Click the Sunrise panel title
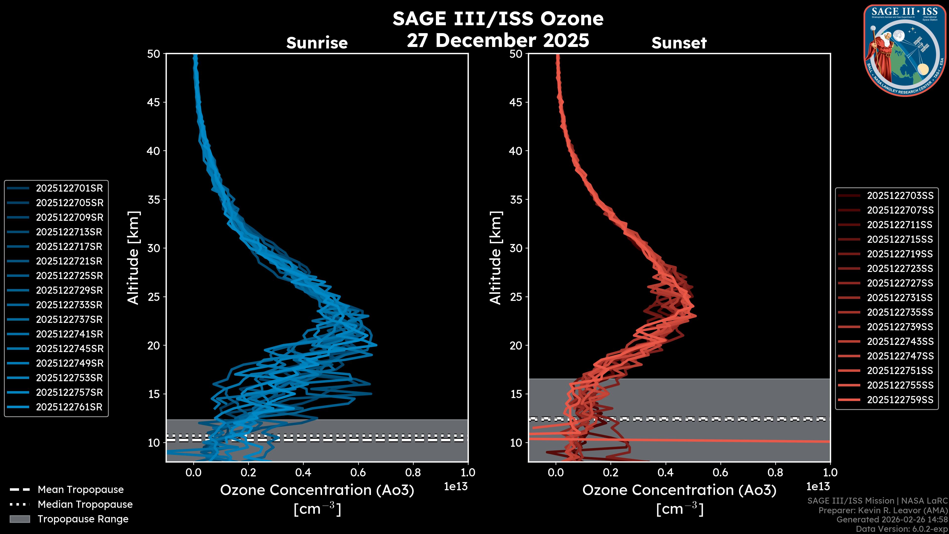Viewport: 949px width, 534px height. (317, 43)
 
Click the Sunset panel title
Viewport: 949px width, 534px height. (679, 43)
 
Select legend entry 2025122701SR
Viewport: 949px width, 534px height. (69, 188)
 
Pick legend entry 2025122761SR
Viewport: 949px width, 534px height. (69, 407)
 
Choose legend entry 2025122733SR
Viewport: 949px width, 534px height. (69, 305)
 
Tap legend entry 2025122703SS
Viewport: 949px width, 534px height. (900, 196)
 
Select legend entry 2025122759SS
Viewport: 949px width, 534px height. (900, 400)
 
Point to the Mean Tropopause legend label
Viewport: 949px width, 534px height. (81, 490)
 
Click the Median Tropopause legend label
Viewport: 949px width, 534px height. (85, 505)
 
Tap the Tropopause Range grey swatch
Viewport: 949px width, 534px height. (20, 519)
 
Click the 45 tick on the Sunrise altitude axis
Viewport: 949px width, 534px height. (154, 102)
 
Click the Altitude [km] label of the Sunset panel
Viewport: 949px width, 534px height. (496, 258)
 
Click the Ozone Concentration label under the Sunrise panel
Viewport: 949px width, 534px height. (317, 490)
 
